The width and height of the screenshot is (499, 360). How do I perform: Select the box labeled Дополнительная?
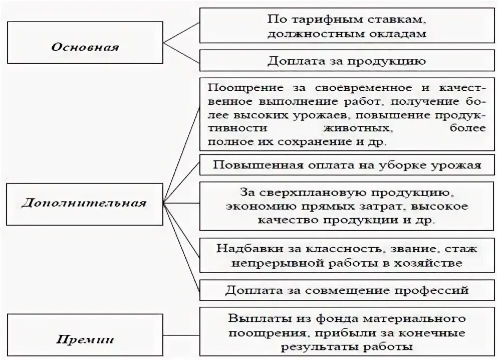click(x=84, y=204)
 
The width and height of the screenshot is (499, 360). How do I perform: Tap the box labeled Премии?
click(x=85, y=339)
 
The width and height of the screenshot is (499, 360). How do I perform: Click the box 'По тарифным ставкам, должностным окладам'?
click(x=347, y=26)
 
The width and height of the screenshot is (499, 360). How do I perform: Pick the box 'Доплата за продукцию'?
click(x=347, y=61)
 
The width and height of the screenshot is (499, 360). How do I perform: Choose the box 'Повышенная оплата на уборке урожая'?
click(x=347, y=165)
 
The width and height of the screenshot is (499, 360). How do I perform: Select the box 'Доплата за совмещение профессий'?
click(x=347, y=290)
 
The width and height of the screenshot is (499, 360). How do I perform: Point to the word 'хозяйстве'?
click(x=433, y=262)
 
